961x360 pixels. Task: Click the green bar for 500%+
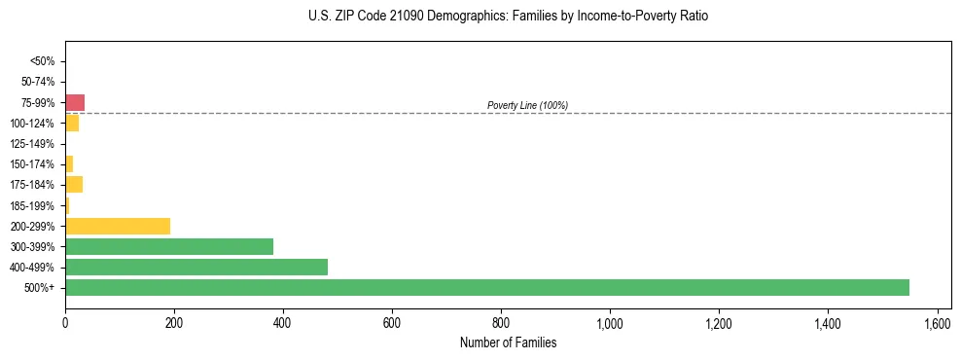(486, 287)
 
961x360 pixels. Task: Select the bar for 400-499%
(196, 267)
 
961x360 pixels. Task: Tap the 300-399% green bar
(169, 246)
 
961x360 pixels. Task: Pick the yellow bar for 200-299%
(118, 226)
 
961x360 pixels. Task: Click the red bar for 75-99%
(75, 102)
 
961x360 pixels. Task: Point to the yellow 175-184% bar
(74, 184)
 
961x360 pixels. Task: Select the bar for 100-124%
(72, 123)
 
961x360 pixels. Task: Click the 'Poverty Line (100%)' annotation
(527, 105)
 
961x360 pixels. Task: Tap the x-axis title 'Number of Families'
(508, 342)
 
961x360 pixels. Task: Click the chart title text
(508, 17)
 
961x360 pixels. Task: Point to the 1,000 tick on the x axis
(610, 322)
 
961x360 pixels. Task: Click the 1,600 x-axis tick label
(937, 322)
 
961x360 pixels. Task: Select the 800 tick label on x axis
(501, 322)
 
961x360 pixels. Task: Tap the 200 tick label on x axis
(174, 322)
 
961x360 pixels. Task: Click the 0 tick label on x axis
(65, 322)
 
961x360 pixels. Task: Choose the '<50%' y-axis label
(43, 61)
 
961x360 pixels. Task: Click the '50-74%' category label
(39, 82)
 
